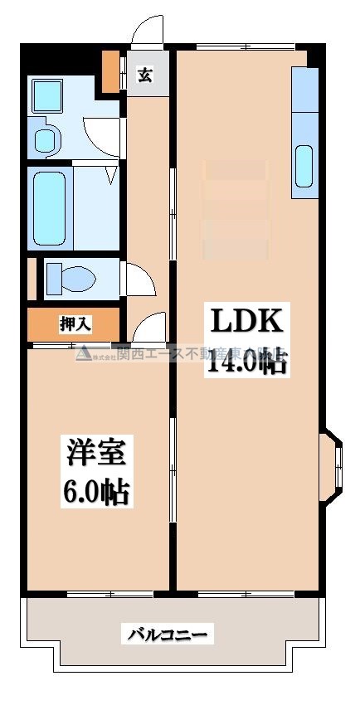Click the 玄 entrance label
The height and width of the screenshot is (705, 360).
point(144,75)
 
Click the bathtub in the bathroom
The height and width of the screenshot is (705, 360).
point(49,207)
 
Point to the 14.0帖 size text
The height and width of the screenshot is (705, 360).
point(246,362)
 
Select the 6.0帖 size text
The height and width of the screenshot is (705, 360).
point(95,491)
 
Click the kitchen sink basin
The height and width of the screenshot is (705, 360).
point(304,166)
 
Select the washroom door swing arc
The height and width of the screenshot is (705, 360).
point(101,133)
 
